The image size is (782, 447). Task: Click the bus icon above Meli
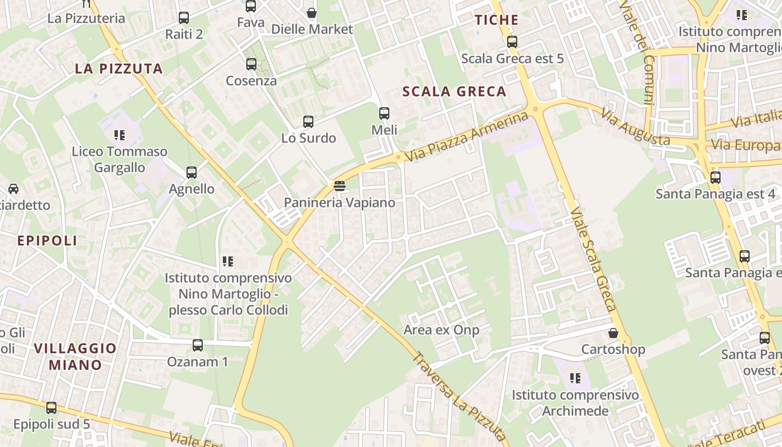point(384,113)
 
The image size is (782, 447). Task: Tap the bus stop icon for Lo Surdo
point(308,121)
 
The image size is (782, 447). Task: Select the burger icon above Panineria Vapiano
point(339,186)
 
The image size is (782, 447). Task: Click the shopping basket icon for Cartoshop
point(613,333)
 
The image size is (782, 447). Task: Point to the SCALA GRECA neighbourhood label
point(454,92)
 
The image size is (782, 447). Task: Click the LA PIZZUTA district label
point(119,69)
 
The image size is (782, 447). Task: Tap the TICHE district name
point(497,20)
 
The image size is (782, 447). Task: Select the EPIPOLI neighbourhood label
point(47,241)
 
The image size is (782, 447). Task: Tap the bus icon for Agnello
point(192,173)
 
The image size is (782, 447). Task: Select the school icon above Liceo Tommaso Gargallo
point(119,135)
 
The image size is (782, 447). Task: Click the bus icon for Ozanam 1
point(198,345)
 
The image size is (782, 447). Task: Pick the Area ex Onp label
point(441,330)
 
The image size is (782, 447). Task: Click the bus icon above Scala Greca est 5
point(512,42)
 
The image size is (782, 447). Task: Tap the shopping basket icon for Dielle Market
point(312,12)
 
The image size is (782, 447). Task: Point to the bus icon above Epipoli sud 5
point(51,408)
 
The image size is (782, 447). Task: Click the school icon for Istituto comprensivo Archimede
point(575,378)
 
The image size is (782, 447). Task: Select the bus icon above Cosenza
point(251,64)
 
